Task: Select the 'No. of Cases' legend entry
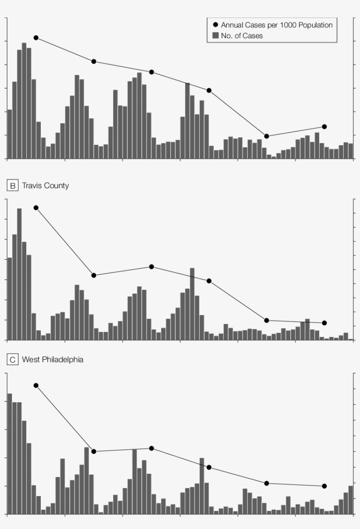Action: [242, 36]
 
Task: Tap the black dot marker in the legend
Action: [215, 25]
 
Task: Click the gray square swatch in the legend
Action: [215, 36]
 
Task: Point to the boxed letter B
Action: [13, 186]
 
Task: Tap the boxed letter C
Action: [13, 360]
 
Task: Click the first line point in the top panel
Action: [36, 38]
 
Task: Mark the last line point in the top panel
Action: [324, 127]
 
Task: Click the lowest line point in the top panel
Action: [266, 136]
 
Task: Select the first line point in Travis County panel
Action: [36, 207]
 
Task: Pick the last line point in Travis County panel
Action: [324, 323]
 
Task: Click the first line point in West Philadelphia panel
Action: [36, 385]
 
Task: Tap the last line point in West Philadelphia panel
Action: [324, 486]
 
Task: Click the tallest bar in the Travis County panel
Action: [19, 274]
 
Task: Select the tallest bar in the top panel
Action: [24, 101]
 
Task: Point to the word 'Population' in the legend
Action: [315, 25]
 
